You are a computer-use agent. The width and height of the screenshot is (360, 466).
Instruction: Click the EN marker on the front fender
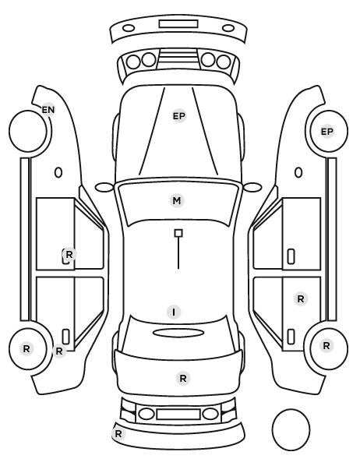pyautogui.click(x=48, y=110)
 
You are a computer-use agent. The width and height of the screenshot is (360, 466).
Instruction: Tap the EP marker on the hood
pyautogui.click(x=179, y=116)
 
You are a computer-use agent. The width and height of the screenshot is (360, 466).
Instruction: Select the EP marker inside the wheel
pyautogui.click(x=327, y=132)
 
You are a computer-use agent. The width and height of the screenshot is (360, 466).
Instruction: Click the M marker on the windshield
pyautogui.click(x=177, y=200)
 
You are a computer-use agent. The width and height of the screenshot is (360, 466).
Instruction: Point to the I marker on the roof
pyautogui.click(x=174, y=312)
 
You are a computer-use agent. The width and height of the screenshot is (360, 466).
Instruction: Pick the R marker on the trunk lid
pyautogui.click(x=183, y=378)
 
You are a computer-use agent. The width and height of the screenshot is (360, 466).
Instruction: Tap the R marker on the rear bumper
pyautogui.click(x=118, y=433)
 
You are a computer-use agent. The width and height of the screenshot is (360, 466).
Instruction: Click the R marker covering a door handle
pyautogui.click(x=69, y=254)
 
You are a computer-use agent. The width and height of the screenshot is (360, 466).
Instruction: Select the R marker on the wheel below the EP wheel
pyautogui.click(x=326, y=346)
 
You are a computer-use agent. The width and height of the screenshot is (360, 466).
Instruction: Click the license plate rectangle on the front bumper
pyautogui.click(x=178, y=24)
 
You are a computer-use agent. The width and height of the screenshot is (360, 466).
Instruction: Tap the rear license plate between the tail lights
pyautogui.click(x=178, y=414)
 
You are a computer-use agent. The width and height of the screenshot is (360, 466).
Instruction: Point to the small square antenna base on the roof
pyautogui.click(x=178, y=233)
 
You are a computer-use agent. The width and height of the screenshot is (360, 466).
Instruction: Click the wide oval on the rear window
pyautogui.click(x=178, y=333)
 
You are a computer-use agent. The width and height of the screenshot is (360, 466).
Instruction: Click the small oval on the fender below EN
pyautogui.click(x=58, y=172)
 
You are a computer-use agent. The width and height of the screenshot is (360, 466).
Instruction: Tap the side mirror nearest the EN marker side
pyautogui.click(x=104, y=188)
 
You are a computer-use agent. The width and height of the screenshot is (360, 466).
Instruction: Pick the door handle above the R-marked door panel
pyautogui.click(x=291, y=256)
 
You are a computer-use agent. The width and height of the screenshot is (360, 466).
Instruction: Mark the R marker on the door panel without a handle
pyautogui.click(x=301, y=298)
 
